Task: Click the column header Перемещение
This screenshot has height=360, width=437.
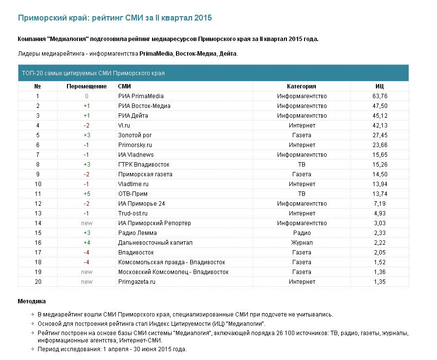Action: (87, 86)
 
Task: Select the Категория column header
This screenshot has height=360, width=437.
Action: (302, 86)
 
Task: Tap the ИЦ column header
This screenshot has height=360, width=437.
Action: (380, 86)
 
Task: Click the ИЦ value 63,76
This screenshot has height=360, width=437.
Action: (380, 96)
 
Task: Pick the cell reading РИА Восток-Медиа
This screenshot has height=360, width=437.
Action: (144, 106)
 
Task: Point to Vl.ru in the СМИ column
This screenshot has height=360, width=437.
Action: (124, 125)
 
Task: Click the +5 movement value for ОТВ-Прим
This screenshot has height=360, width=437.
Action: (87, 194)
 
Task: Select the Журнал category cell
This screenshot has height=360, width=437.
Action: (302, 243)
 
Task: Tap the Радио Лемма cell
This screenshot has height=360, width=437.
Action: (137, 233)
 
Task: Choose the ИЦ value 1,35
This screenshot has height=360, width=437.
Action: (380, 282)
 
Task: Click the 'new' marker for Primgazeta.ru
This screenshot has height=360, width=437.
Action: (87, 282)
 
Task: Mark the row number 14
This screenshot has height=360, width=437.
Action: (38, 223)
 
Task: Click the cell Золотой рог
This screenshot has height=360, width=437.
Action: (135, 135)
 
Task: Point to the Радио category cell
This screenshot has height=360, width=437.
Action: (302, 233)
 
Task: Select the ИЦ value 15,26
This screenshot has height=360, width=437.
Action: (380, 165)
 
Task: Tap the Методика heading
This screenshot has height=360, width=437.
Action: (32, 301)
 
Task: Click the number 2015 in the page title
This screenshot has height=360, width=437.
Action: (203, 18)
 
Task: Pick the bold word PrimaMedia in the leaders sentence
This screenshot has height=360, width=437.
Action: (156, 53)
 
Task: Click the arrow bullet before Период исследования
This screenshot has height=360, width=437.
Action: (33, 349)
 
